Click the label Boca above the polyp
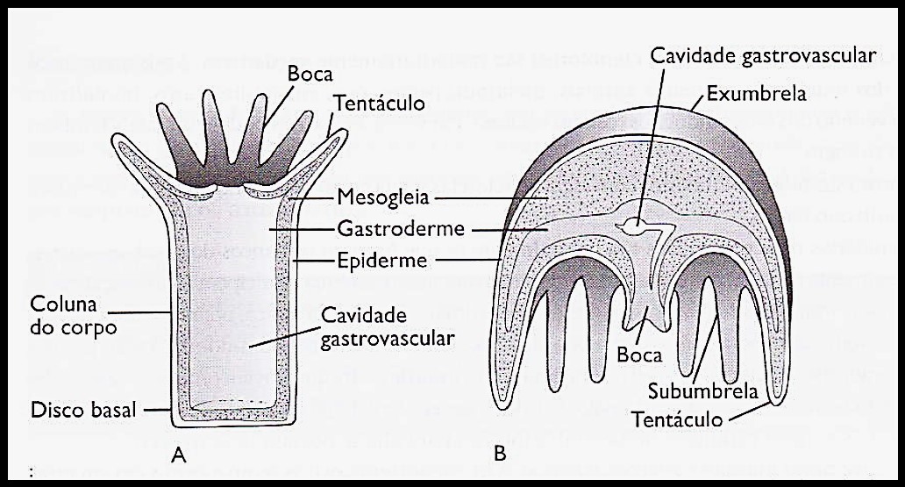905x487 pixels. click(x=310, y=75)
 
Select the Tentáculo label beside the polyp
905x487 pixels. click(x=381, y=104)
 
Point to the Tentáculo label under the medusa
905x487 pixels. click(x=678, y=419)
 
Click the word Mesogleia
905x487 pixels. click(x=383, y=198)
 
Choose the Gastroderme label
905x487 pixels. click(x=391, y=230)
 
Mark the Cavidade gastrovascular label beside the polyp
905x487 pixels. click(x=387, y=326)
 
